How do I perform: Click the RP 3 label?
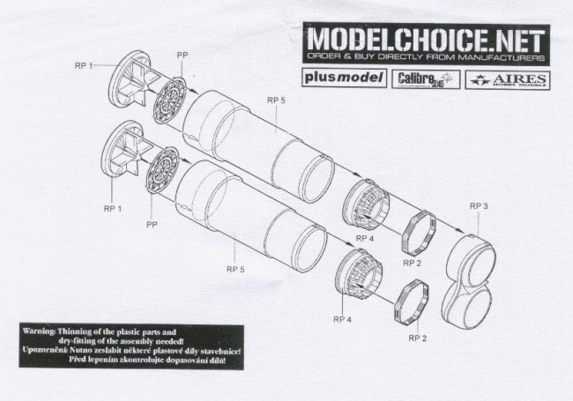coord(480,206)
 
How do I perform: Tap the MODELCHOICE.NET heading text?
coord(425,41)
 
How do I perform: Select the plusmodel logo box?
coord(344,78)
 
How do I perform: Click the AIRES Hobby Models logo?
coord(506,78)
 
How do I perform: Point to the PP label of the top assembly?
coord(182,56)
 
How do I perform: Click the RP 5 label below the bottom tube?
coord(235,269)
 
